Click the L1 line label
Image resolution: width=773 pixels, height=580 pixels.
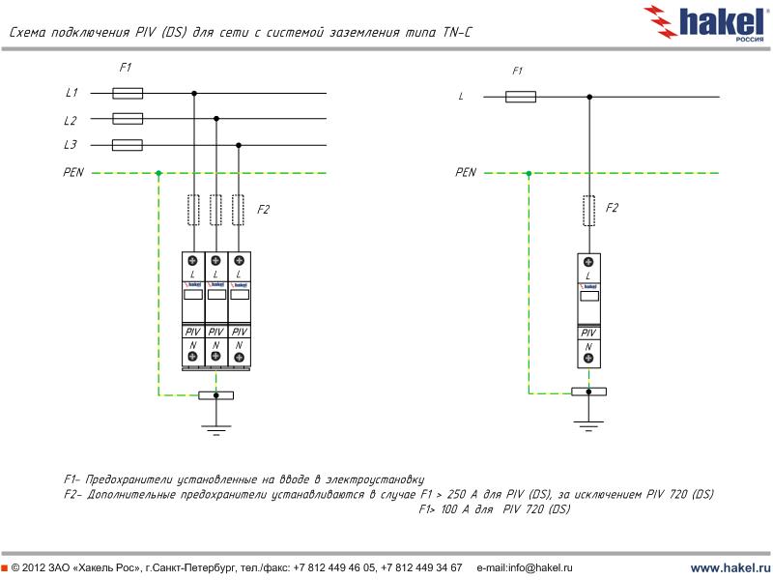(x=71, y=94)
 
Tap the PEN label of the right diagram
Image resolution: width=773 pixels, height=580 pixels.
(x=466, y=173)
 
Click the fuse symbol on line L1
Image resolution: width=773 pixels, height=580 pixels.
(x=128, y=94)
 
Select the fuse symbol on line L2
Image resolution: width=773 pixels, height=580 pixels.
(x=128, y=119)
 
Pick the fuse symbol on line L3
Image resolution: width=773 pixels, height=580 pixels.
(x=128, y=145)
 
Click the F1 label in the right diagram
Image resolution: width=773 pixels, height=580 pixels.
(x=517, y=72)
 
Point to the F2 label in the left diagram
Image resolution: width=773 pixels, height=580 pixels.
(x=264, y=209)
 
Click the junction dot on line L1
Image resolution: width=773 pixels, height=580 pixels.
(x=194, y=94)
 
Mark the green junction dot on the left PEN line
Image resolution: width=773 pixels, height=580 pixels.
(x=158, y=173)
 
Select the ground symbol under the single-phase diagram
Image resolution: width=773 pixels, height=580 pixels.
(x=588, y=421)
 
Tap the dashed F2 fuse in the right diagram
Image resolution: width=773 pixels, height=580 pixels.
(x=588, y=210)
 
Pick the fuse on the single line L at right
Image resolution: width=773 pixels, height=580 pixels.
(x=521, y=97)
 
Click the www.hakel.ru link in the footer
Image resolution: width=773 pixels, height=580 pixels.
(x=730, y=567)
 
